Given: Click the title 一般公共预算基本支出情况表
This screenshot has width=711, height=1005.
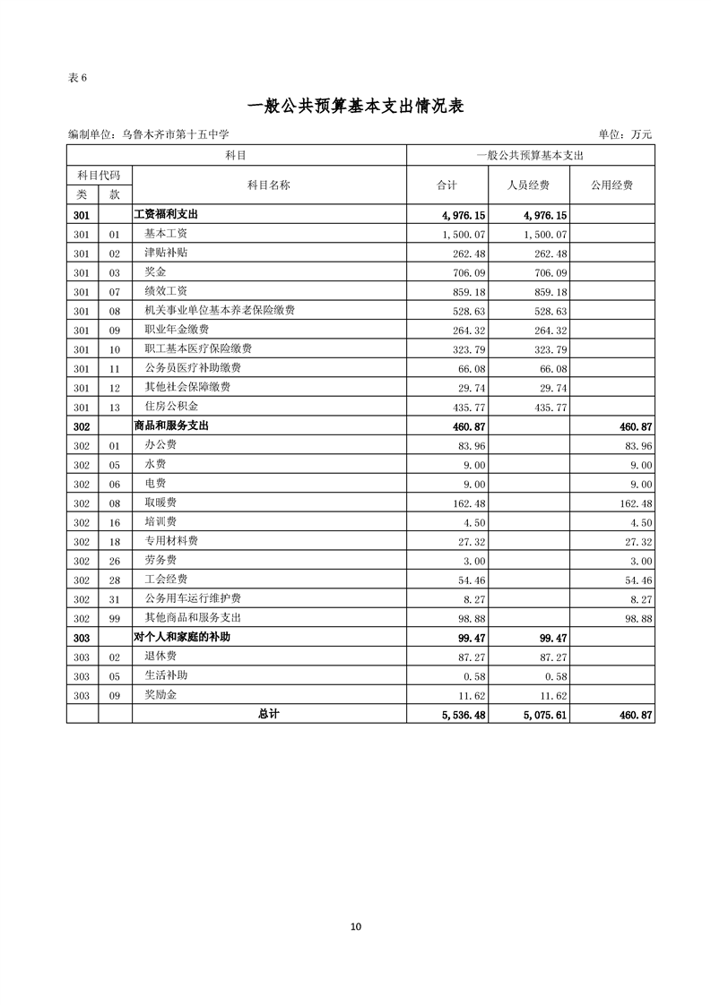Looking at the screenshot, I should point(355,106).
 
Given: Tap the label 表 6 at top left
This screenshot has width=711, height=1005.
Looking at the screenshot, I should point(77,77).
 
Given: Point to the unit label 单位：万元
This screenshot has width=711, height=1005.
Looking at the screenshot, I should point(625,134).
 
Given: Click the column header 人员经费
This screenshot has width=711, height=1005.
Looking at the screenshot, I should point(528,185).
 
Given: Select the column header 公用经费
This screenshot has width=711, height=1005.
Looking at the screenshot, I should point(611,185).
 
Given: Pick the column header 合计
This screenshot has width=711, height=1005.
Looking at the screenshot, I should point(447,185).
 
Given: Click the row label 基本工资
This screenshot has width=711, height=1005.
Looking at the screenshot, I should point(166,234).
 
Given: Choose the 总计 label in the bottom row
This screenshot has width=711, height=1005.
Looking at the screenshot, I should point(268,714).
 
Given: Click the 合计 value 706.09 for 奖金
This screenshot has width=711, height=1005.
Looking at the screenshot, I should point(470,272).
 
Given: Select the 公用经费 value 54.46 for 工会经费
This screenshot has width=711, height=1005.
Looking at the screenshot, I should point(637,580).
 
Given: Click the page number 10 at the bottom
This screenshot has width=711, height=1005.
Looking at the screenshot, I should point(356,927).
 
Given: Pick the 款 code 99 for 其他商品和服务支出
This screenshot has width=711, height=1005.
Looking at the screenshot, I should point(114,618).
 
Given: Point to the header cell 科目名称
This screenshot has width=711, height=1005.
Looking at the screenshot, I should point(268,185).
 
